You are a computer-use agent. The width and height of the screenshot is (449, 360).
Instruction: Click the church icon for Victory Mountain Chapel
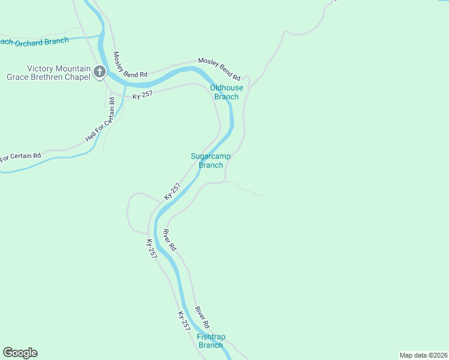[100, 73]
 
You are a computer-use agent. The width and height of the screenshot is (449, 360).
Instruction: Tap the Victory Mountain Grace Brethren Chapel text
[49, 73]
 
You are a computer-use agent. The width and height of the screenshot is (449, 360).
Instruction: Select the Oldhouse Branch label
[227, 92]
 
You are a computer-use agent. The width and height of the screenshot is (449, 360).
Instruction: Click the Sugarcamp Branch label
[211, 161]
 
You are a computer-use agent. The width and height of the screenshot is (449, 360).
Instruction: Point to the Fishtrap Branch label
[211, 341]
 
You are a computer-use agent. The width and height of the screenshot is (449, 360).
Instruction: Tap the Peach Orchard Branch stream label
[36, 41]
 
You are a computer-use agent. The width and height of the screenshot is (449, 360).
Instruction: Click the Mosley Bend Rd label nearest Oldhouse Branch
[219, 70]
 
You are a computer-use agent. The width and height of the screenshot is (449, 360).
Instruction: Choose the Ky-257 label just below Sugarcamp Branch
[172, 191]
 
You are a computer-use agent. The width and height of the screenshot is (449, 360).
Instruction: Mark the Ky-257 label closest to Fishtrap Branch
[184, 320]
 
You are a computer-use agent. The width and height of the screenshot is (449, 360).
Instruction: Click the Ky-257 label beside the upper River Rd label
[152, 248]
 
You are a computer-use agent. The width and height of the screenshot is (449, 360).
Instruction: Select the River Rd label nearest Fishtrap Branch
[202, 317]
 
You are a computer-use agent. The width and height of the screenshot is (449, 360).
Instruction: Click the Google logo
[20, 353]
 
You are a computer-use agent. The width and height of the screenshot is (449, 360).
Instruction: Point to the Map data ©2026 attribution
[423, 355]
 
